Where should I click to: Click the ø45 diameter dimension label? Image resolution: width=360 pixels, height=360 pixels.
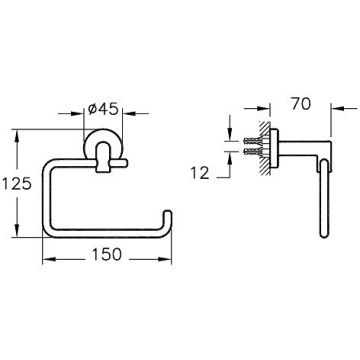[103, 109]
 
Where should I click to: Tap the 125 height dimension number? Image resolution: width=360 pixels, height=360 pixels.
[17, 184]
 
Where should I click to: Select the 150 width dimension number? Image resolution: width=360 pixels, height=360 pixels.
[107, 255]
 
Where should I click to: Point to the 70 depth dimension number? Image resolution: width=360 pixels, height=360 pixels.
[301, 104]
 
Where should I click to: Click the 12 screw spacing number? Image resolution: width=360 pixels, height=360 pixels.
[200, 173]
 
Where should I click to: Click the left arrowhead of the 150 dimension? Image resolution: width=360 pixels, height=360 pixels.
[48, 259]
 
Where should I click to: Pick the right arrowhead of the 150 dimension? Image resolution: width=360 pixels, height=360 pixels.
[166, 259]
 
